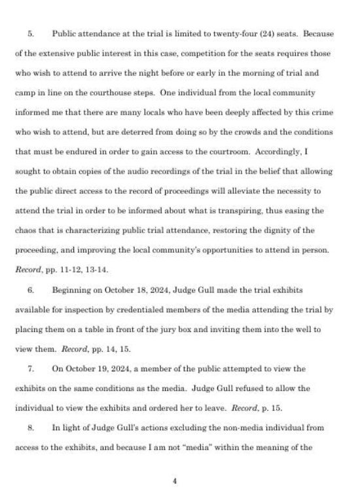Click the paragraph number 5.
pyautogui.click(x=30, y=32)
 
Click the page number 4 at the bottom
pyautogui.click(x=175, y=481)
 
